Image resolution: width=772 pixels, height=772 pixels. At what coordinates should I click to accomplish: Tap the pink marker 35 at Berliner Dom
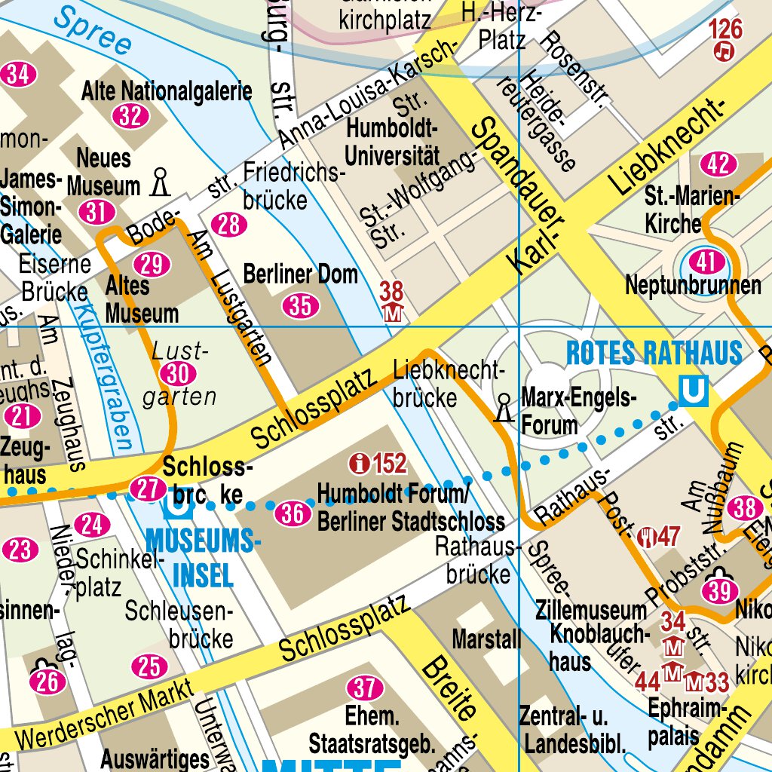pos(300,305)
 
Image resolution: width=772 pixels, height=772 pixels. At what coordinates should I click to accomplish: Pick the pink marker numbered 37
pos(365,688)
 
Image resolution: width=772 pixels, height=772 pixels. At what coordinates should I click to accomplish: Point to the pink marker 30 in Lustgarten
pos(178,374)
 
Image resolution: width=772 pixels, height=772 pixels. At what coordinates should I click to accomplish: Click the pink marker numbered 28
pos(229,224)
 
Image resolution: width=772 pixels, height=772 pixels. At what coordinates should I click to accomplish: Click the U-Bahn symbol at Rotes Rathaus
pos(693,391)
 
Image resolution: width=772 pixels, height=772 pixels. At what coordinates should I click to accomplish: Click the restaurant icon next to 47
pos(645,537)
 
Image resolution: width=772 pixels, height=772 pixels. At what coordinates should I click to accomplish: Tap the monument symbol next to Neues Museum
pos(159,182)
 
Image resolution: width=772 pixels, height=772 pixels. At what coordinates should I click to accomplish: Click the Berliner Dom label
pos(300,274)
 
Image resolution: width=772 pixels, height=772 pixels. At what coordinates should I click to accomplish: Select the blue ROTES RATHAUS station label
pos(654,354)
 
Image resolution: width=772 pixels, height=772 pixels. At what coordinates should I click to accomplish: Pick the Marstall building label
pos(486,640)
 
